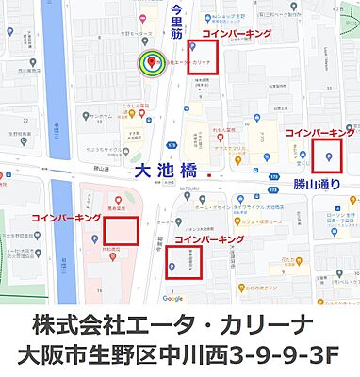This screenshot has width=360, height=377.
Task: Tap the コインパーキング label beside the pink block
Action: tap(66, 218)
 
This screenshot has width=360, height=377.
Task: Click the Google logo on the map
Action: tap(172, 299)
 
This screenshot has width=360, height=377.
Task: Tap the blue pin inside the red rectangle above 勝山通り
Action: tap(329, 156)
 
